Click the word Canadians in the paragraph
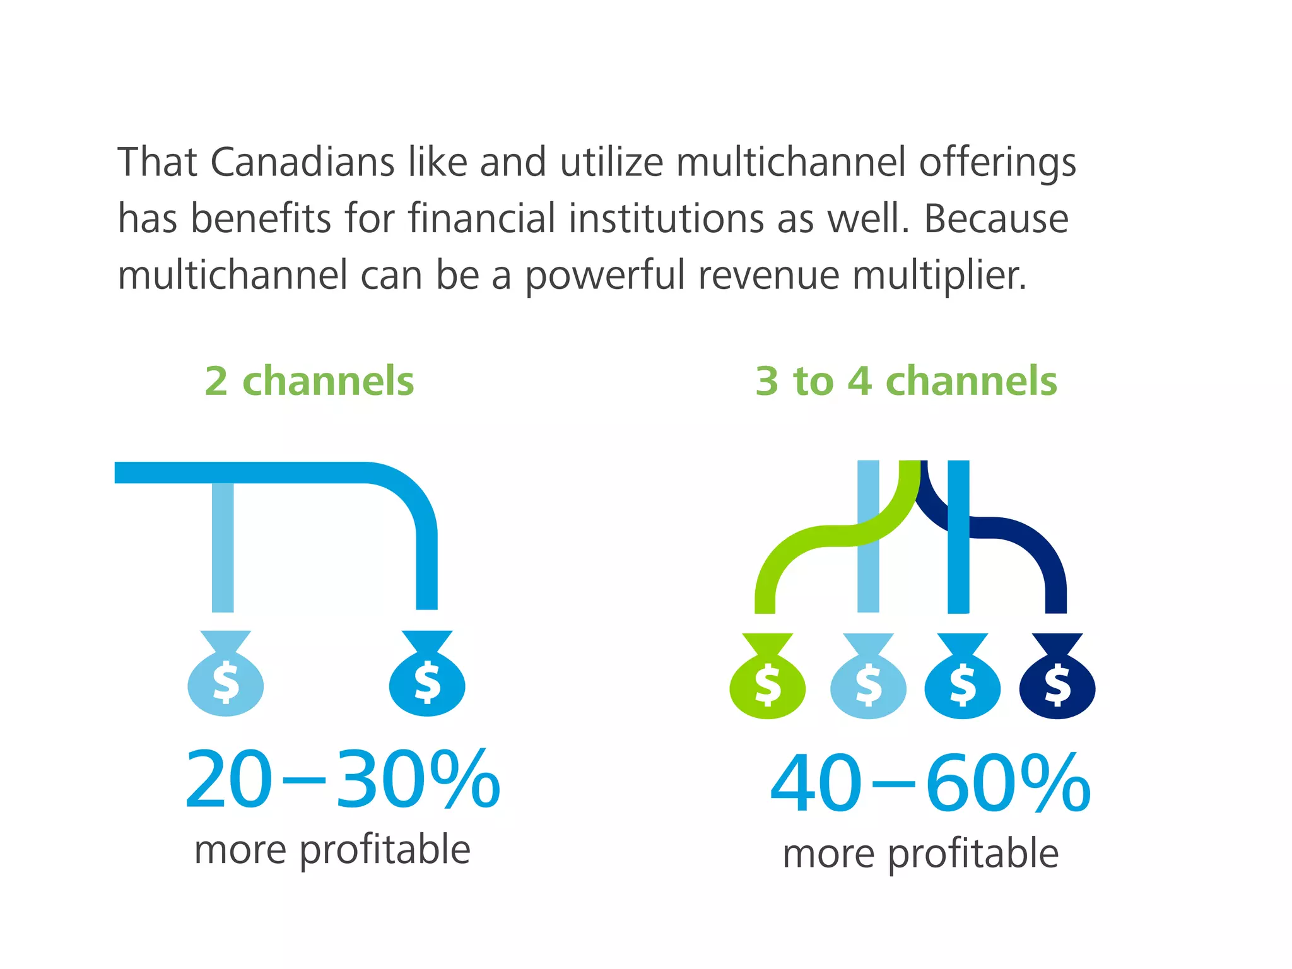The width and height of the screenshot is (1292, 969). click(302, 162)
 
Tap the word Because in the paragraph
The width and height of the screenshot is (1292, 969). click(996, 218)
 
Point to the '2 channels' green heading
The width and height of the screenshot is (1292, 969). click(309, 381)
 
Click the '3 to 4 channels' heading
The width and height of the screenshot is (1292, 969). click(906, 381)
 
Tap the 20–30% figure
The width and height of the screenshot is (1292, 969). click(343, 780)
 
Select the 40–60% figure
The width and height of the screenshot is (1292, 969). click(930, 784)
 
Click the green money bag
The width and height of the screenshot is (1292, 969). click(767, 678)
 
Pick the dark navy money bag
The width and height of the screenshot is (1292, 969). click(1057, 678)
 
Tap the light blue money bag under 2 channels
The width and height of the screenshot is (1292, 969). click(225, 675)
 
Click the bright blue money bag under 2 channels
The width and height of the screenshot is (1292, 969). click(427, 675)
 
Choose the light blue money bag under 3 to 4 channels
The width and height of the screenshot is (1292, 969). click(868, 678)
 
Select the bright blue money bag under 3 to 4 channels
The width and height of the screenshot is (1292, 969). click(962, 678)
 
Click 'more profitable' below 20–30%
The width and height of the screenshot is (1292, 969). click(332, 850)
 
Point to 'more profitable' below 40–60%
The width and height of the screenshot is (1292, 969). click(920, 854)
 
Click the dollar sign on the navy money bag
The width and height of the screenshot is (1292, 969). click(1057, 685)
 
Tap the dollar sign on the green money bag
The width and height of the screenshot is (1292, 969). click(768, 685)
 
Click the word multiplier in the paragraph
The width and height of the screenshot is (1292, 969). click(939, 275)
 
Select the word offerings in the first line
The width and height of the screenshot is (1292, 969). click(997, 162)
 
